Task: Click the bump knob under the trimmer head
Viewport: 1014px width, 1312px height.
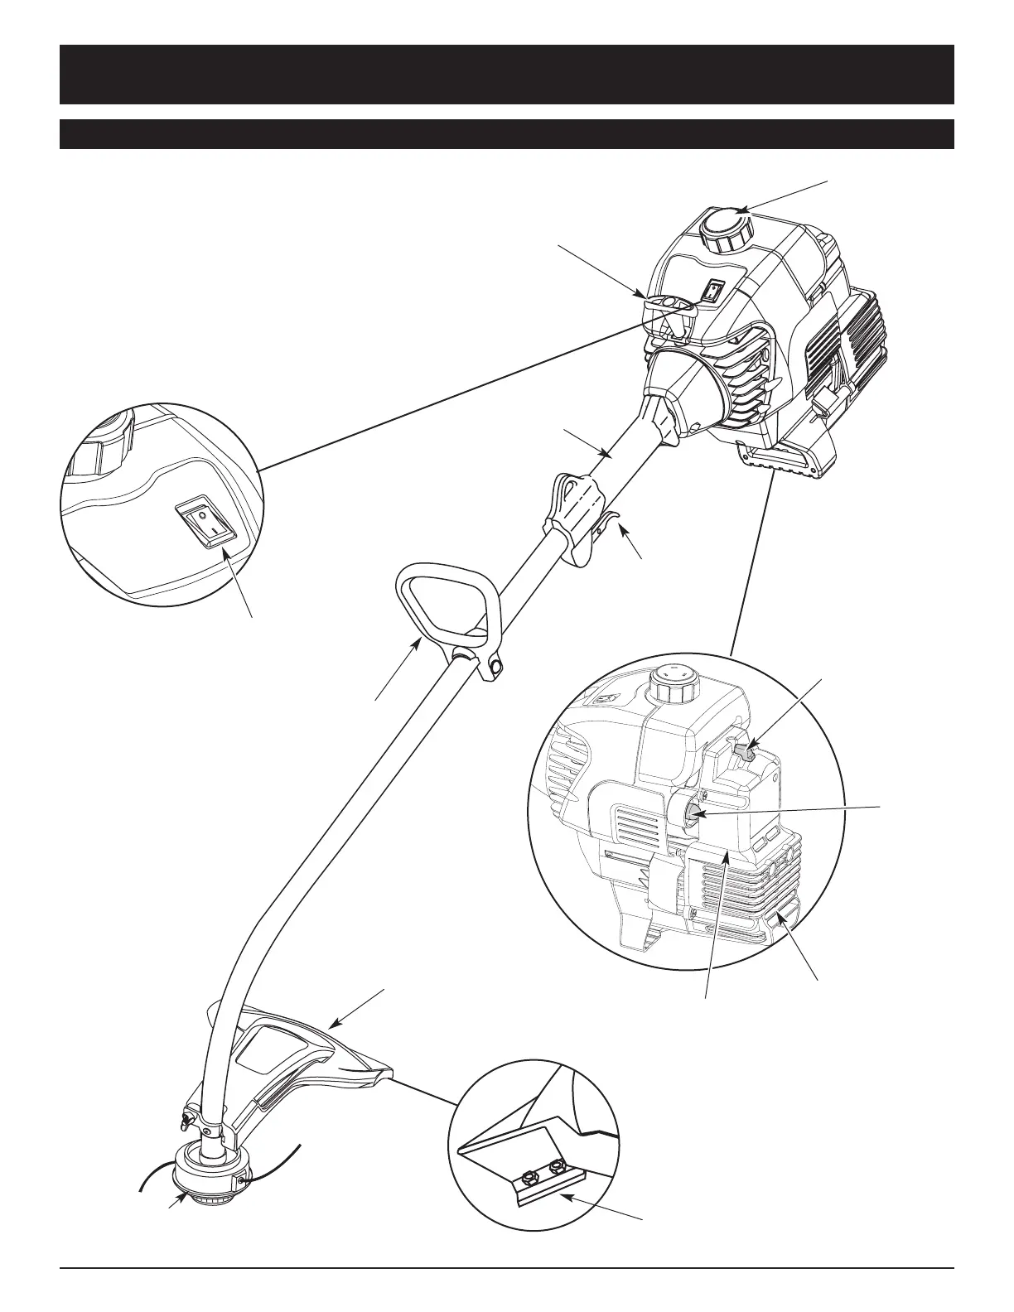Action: [204, 1193]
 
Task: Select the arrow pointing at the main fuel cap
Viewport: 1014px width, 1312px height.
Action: [785, 195]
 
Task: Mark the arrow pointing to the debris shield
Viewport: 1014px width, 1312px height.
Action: [358, 1008]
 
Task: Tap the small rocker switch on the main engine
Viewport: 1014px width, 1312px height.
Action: [713, 291]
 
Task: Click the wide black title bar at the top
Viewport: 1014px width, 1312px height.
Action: [506, 75]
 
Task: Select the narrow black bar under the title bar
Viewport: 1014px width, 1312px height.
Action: [506, 134]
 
